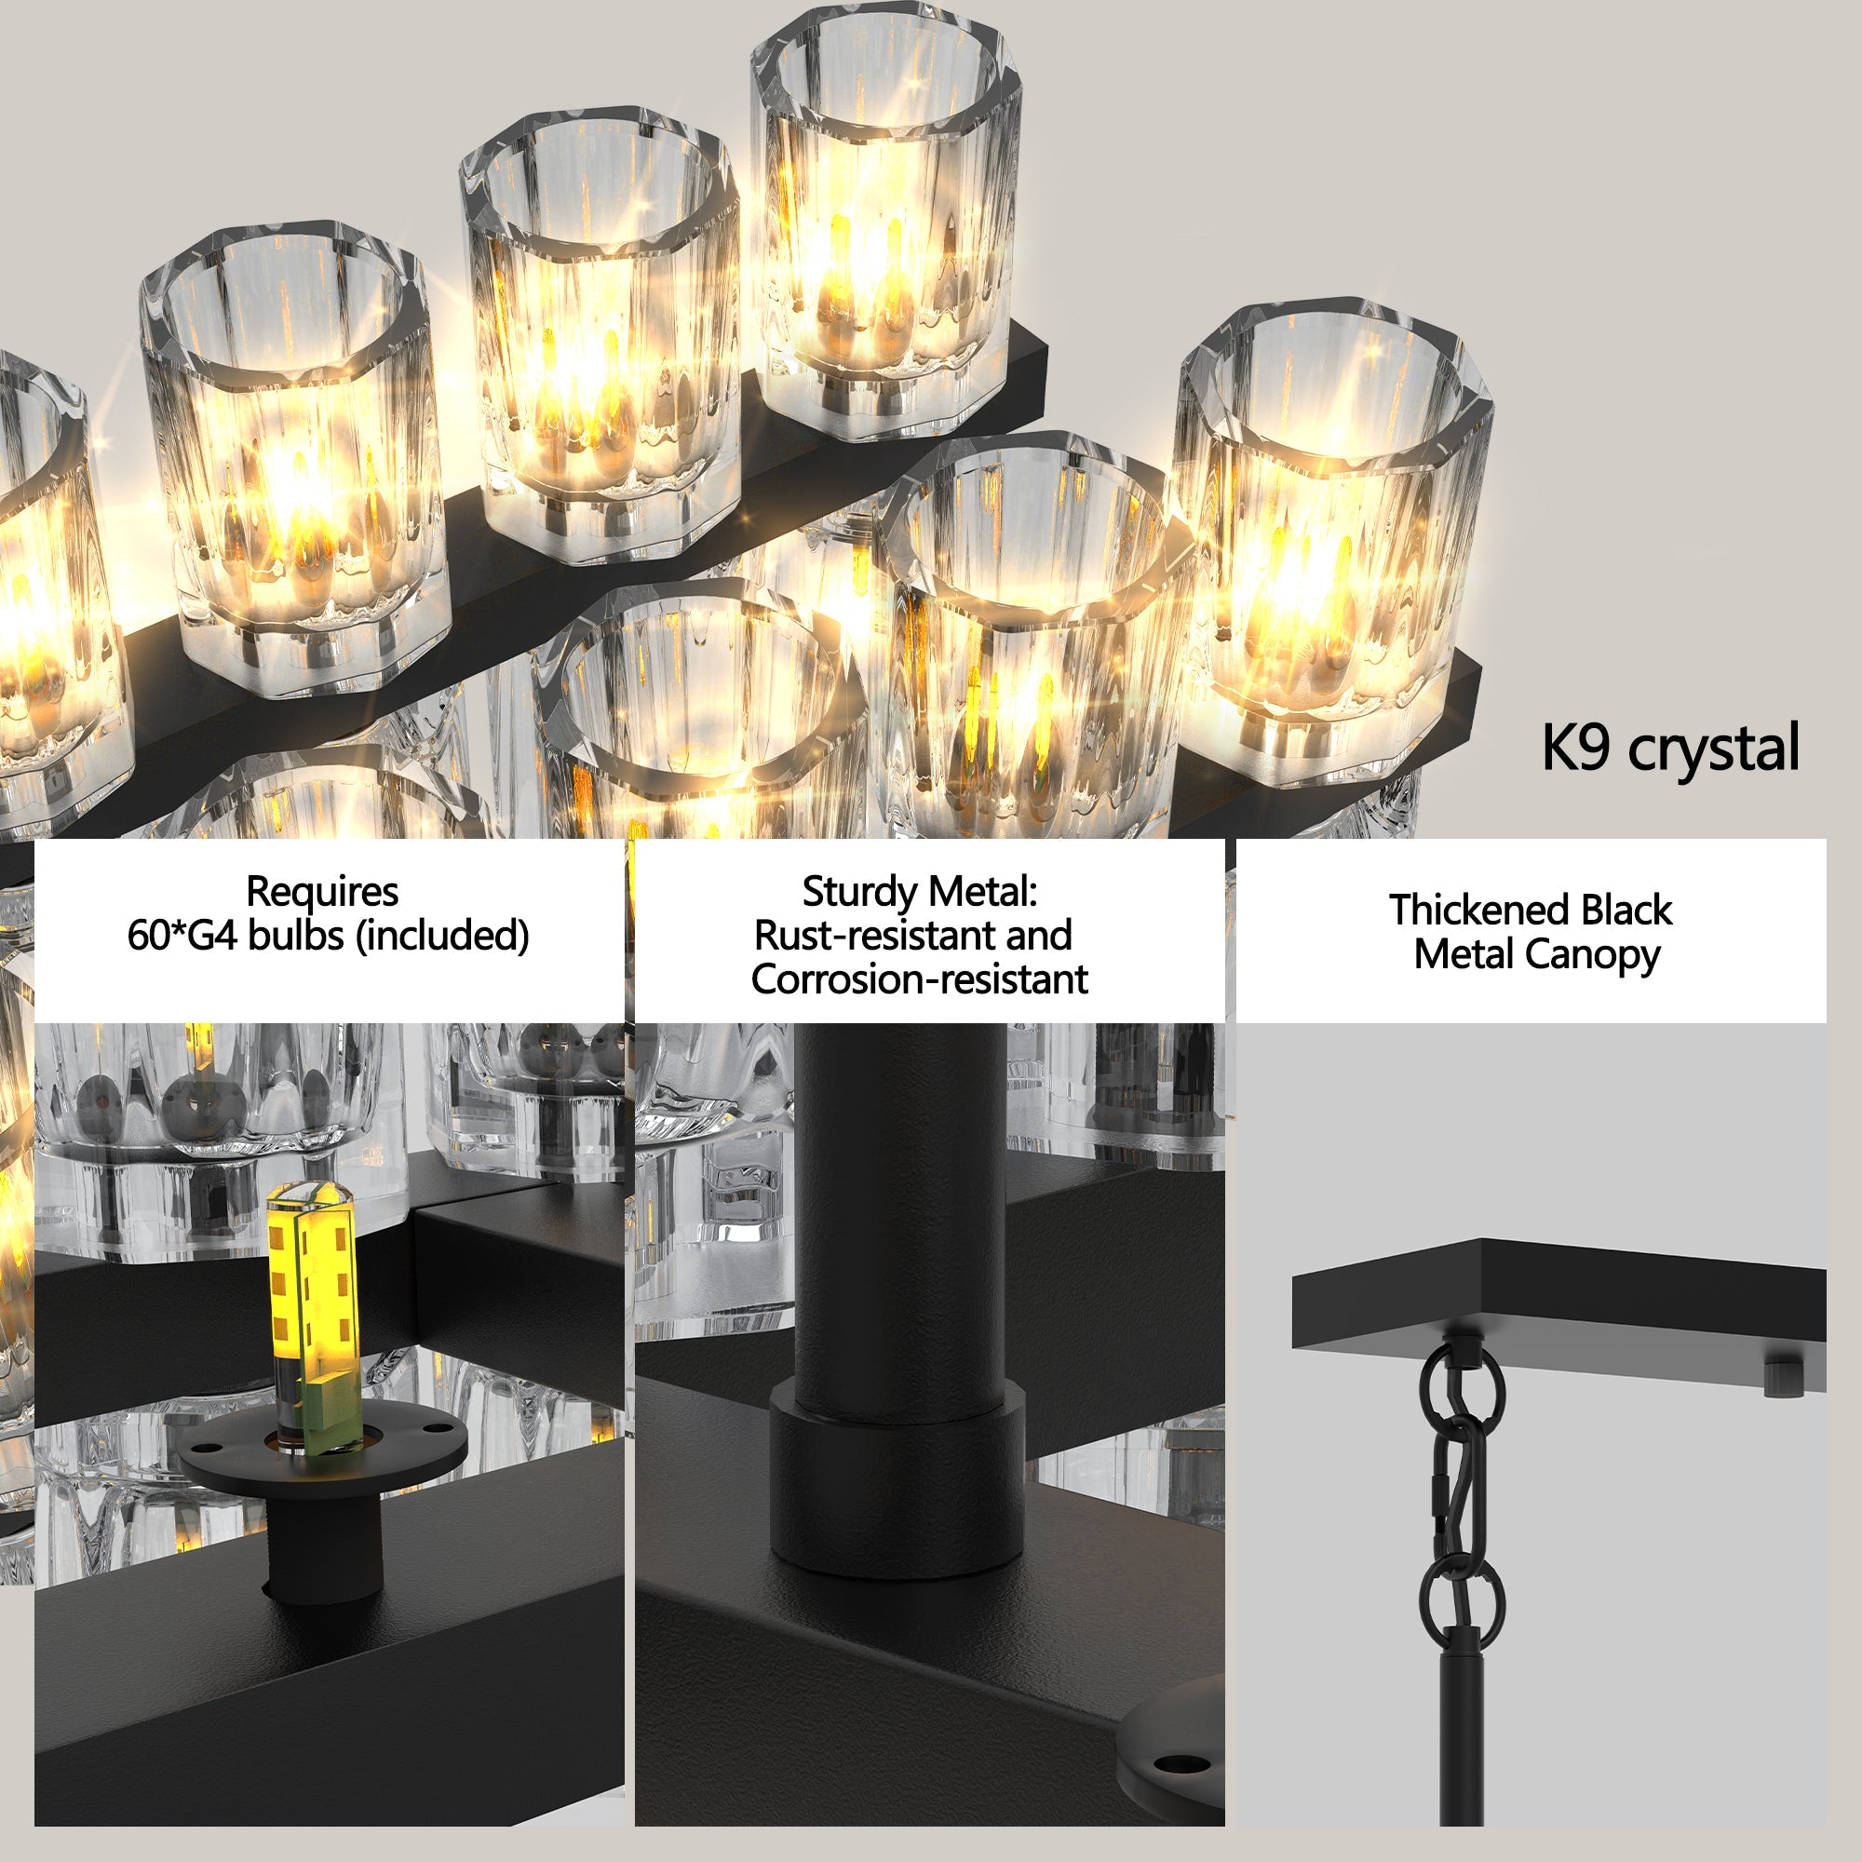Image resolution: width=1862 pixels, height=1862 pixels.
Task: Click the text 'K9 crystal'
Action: [x=1669, y=748]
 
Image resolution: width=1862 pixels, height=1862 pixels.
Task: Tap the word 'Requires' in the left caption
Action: [x=322, y=892]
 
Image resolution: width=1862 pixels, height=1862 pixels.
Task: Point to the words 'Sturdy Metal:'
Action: [x=919, y=892]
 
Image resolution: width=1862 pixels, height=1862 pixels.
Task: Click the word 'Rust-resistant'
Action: [x=864, y=935]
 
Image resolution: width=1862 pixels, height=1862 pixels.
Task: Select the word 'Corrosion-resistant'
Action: [x=919, y=979]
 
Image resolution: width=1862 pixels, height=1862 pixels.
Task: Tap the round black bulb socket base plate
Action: [x=323, y=1446]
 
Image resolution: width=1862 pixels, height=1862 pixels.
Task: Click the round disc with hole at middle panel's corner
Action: [x=1178, y=1760]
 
